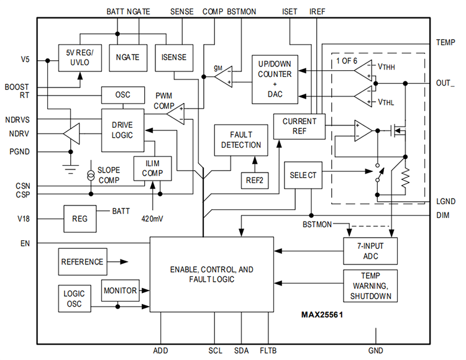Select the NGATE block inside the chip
point(127,57)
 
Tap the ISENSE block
point(174,57)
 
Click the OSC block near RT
point(123,95)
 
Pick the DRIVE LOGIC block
point(123,130)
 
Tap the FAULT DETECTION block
point(237,140)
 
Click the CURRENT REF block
point(299,126)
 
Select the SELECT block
point(303,176)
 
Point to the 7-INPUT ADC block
point(370,251)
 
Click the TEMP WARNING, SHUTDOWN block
point(370,286)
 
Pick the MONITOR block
point(121,290)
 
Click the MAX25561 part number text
point(322,315)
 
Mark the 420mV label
point(153,218)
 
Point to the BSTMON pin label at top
point(241,11)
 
